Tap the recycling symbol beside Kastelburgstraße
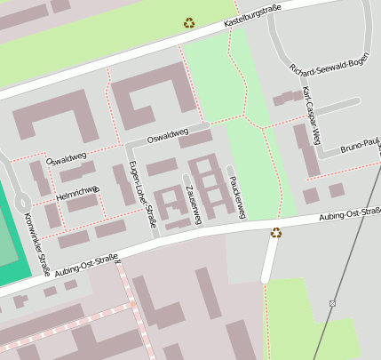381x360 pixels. point(189,23)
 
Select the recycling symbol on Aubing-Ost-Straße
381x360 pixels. point(276,233)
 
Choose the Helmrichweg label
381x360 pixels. point(77,192)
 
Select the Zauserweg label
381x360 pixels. point(192,200)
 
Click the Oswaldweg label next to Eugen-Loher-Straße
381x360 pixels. point(168,135)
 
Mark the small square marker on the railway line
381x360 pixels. point(331,304)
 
